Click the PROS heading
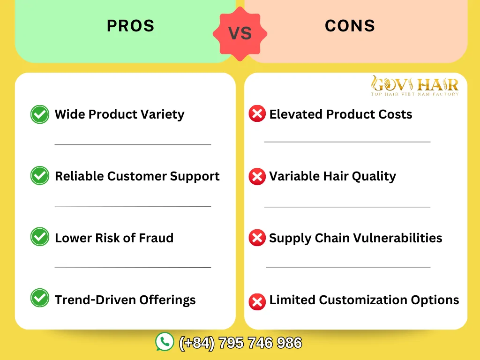click(x=130, y=26)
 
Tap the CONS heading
click(x=350, y=26)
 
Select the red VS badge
click(x=240, y=33)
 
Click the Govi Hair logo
click(x=414, y=86)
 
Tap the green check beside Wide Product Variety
click(x=40, y=114)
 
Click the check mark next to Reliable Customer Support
click(x=40, y=176)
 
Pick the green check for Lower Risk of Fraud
click(x=40, y=237)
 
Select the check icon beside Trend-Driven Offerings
click(x=40, y=299)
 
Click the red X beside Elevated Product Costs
click(x=257, y=114)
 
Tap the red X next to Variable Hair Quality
click(x=257, y=176)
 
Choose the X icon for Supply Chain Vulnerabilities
click(x=257, y=238)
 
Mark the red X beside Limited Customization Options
click(x=257, y=301)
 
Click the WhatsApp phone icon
click(x=165, y=342)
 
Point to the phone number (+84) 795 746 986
click(x=240, y=343)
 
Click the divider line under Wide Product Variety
click(x=133, y=144)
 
